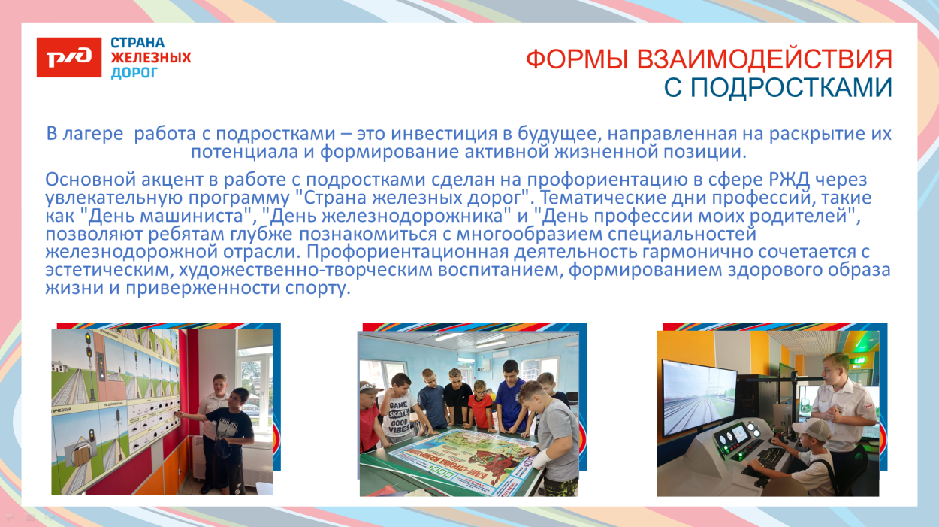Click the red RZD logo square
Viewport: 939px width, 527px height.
69,57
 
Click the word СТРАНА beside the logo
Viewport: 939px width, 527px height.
137,43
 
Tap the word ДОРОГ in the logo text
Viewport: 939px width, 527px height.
134,72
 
